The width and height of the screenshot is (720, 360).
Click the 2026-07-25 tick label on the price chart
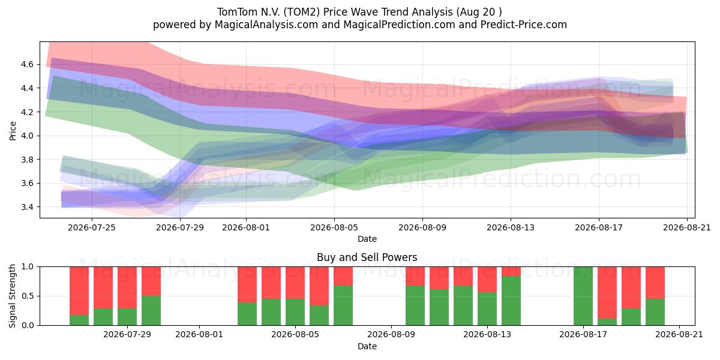pos(92,227)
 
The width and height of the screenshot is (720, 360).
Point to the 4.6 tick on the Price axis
pos(27,64)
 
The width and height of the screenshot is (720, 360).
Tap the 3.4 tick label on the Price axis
pos(27,207)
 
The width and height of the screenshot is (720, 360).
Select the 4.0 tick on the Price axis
pos(27,136)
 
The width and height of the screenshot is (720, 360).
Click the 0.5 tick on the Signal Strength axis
pos(27,296)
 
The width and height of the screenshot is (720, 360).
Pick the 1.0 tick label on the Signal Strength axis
pos(27,267)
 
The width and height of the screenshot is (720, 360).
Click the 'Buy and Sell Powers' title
pos(367,257)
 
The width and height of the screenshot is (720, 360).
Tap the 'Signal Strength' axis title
pos(12,296)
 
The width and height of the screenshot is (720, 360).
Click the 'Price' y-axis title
pos(13,131)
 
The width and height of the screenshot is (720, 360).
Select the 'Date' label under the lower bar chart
pos(367,346)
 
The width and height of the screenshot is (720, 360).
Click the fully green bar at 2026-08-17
pos(583,296)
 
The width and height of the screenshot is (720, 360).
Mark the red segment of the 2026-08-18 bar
pos(607,293)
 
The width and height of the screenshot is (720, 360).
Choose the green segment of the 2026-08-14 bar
pos(511,301)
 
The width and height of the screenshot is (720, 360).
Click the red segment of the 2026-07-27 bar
pos(103,287)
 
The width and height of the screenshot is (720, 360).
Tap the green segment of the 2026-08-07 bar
pos(343,305)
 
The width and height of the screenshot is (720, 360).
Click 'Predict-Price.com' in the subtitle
pos(524,25)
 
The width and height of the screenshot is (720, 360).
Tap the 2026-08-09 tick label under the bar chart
pos(391,335)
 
